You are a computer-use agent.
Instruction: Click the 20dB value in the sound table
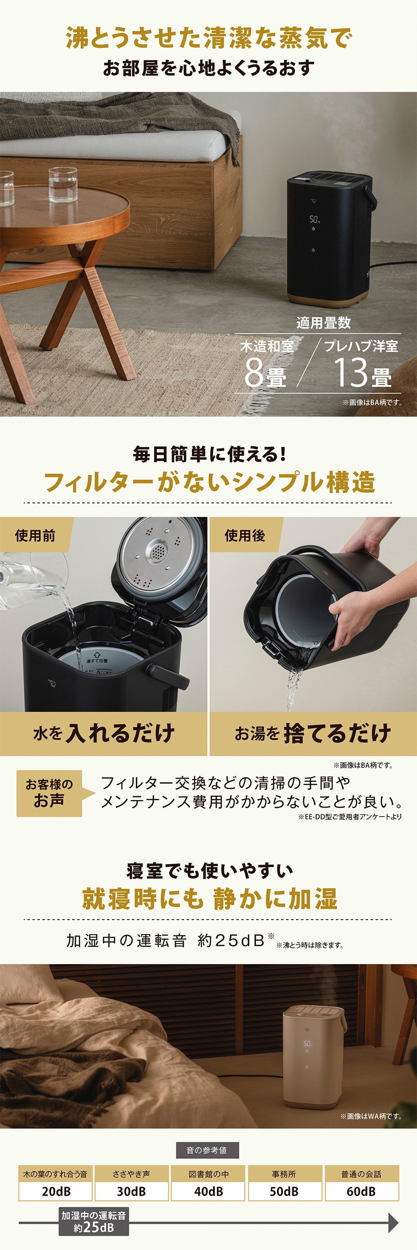[x=56, y=1191]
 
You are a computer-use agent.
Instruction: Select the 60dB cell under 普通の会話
[x=361, y=1191]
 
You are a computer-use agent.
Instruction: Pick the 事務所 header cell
[x=284, y=1174]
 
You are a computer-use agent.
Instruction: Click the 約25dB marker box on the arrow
[x=94, y=1221]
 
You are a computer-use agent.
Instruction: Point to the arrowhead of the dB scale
[x=393, y=1223]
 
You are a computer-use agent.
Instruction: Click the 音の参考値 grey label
[x=207, y=1150]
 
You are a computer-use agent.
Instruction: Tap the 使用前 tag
[x=35, y=535]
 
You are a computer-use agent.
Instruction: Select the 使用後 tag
[x=245, y=535]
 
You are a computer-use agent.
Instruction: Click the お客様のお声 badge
[x=50, y=793]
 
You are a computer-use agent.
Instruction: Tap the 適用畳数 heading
[x=323, y=322]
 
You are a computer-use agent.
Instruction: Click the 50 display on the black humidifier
[x=314, y=219]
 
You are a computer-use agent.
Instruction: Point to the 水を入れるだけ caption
[x=103, y=733]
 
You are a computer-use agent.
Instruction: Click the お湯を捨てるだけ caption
[x=313, y=733]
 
